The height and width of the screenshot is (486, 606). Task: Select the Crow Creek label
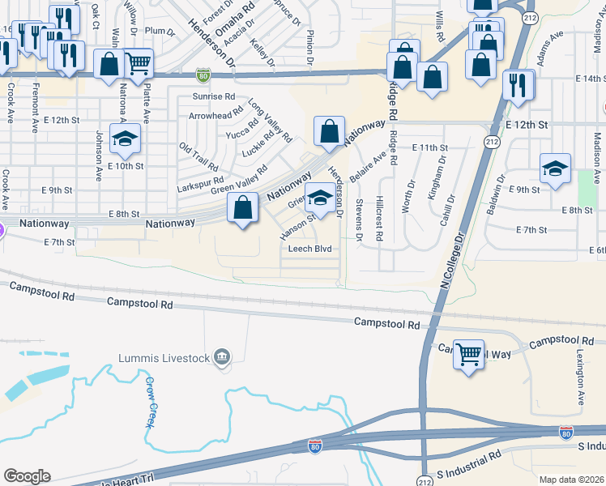150,402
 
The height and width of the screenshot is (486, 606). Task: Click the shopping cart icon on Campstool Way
469,354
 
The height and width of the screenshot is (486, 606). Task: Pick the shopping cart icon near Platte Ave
139,62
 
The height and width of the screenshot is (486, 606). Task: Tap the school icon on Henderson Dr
321,199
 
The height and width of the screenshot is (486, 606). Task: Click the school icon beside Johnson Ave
125,139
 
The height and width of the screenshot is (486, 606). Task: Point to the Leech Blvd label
311,249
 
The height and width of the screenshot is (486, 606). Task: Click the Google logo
28,476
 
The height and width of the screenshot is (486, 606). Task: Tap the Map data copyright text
570,480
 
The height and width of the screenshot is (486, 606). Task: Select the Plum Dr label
159,32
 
